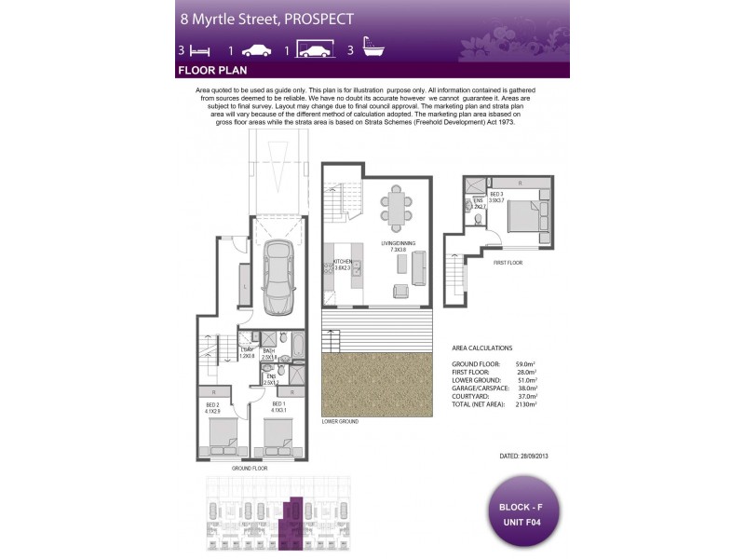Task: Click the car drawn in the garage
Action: [x=278, y=278]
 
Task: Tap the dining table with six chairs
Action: [x=395, y=209]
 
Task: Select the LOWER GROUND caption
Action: [x=340, y=422]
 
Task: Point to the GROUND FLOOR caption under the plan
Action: [x=249, y=468]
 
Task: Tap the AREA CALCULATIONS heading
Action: [x=483, y=347]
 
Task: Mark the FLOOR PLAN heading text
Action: [x=212, y=70]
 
